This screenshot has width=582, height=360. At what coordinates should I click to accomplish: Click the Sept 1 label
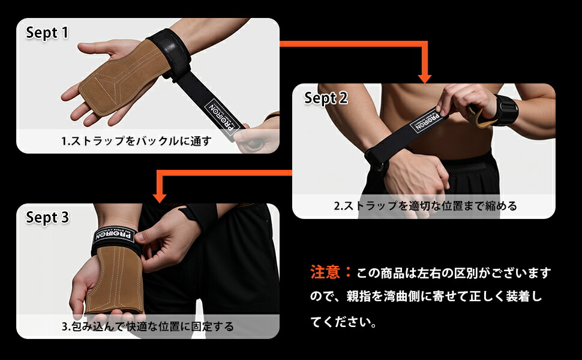tap(47, 32)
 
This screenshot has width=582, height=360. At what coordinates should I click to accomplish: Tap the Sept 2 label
tap(326, 98)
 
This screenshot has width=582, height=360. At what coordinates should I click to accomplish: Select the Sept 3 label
tap(47, 217)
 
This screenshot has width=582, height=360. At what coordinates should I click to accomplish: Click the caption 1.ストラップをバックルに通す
tap(137, 142)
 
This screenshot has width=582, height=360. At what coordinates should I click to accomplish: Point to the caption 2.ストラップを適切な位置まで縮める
tap(425, 206)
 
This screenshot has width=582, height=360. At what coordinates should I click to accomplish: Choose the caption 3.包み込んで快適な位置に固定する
tap(148, 327)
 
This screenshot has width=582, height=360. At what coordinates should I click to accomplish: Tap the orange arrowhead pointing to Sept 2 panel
tap(425, 77)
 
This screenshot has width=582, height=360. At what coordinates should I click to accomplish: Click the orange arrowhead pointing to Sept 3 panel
tap(159, 197)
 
